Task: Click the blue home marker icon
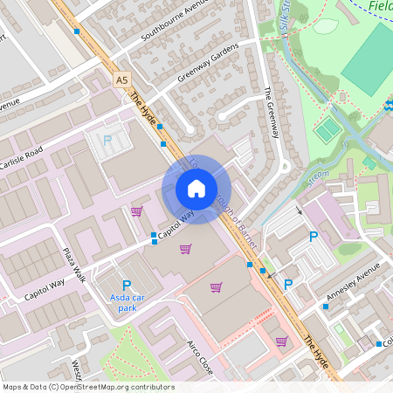point(196,189)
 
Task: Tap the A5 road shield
point(121,79)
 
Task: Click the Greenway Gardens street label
point(208,62)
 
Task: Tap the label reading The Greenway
point(270,113)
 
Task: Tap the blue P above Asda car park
point(127,285)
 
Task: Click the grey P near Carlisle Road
point(108,140)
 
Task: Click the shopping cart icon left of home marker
point(136,210)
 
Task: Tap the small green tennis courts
point(327,131)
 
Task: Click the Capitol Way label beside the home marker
point(176,225)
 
